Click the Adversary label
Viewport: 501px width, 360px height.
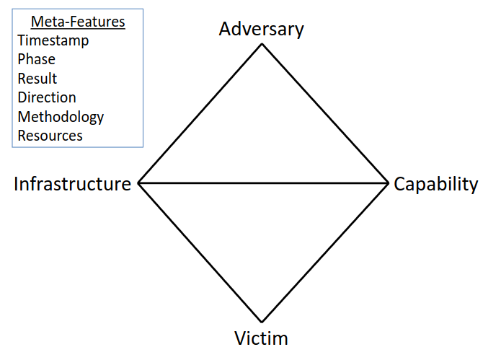[x=261, y=29]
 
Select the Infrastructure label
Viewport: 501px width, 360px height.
[x=72, y=184]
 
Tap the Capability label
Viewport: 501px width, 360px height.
[x=435, y=184]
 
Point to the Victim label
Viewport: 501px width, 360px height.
[x=261, y=338]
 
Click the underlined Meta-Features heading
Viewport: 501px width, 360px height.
[x=78, y=22]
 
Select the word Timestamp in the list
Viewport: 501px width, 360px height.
[x=53, y=41]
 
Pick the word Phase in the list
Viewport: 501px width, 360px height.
[x=37, y=60]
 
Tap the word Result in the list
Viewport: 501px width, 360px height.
[x=37, y=79]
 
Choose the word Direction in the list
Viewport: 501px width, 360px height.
[x=47, y=97]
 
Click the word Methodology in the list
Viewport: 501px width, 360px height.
[x=61, y=117]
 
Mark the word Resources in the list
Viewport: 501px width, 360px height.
[x=50, y=136]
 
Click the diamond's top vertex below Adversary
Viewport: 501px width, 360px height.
[x=262, y=44]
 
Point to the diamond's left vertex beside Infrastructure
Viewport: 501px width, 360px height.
[x=138, y=183]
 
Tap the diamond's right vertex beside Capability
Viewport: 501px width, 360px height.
[x=388, y=183]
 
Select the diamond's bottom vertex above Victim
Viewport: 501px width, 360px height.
[x=262, y=321]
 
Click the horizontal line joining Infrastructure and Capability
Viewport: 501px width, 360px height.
[x=263, y=183]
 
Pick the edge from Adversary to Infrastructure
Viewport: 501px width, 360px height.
[x=200, y=113]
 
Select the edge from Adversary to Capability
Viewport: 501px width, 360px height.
[x=324, y=113]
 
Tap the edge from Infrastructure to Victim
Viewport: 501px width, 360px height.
[x=200, y=252]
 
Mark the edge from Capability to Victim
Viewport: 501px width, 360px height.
[x=324, y=252]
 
